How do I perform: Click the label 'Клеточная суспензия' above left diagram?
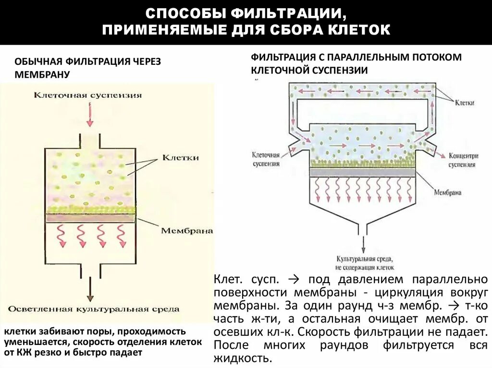pos(88,95)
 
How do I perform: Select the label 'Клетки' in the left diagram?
pos(180,157)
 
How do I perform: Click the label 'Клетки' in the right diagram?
pos(465,103)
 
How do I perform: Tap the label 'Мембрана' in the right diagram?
pos(447,192)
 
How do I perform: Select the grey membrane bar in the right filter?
pos(362,172)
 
